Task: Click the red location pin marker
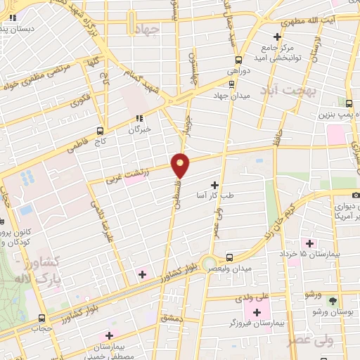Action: (x=181, y=165)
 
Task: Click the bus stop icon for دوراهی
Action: (x=239, y=60)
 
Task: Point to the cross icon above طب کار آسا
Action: (x=214, y=185)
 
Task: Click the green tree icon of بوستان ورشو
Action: (x=333, y=302)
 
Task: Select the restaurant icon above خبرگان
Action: (x=139, y=118)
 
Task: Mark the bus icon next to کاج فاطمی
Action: (x=101, y=131)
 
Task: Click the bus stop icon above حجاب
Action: (x=42, y=317)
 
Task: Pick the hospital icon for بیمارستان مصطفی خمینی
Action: (x=108, y=336)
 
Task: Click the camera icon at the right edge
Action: (x=356, y=193)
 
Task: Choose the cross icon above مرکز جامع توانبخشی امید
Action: (x=278, y=37)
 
